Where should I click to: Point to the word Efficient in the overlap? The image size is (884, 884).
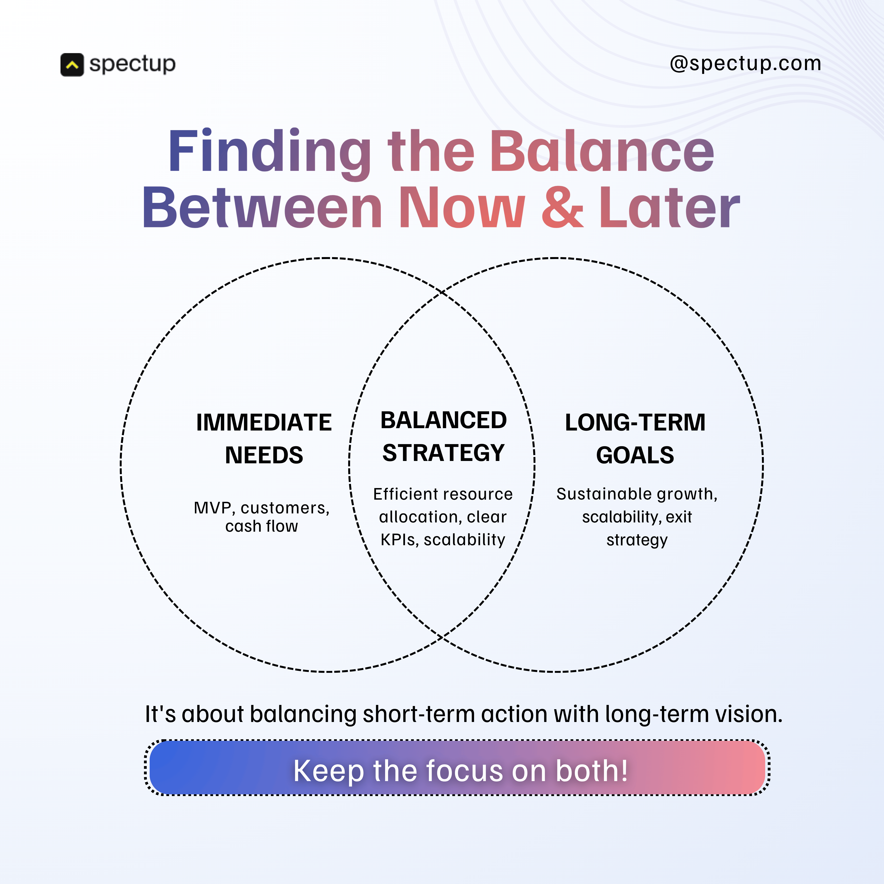[x=399, y=494]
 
